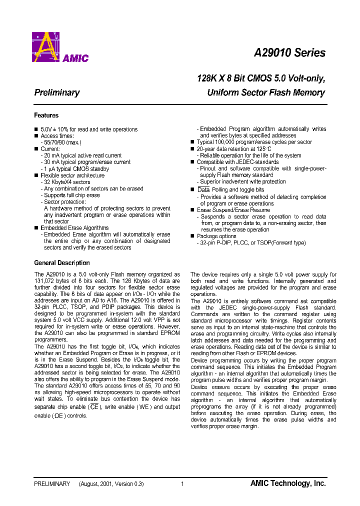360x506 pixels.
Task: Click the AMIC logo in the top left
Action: (x=60, y=47)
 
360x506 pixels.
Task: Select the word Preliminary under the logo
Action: (x=56, y=92)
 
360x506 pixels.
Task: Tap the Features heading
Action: (x=46, y=115)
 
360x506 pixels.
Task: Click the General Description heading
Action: (x=62, y=263)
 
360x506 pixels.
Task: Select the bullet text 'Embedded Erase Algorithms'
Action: (x=74, y=228)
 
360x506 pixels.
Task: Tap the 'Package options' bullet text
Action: (x=216, y=236)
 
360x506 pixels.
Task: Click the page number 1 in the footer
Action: (x=182, y=484)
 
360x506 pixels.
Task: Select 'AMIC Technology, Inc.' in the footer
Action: (x=288, y=483)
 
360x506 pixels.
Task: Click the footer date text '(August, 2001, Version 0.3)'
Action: (x=111, y=484)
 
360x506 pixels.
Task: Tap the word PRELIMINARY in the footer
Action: (x=52, y=484)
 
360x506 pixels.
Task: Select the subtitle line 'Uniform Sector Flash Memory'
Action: (x=266, y=92)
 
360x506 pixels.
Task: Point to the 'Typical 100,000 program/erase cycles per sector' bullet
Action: (x=254, y=142)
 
